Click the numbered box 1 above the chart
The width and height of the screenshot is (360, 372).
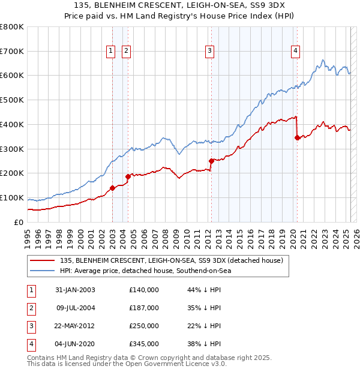pyautogui.click(x=112, y=52)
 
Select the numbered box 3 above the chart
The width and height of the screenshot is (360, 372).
pyautogui.click(x=210, y=52)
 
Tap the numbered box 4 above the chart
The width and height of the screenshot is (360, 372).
pyautogui.click(x=296, y=52)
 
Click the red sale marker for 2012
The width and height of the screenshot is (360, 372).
pyautogui.click(x=211, y=161)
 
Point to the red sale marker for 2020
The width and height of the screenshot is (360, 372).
pyautogui.click(x=297, y=137)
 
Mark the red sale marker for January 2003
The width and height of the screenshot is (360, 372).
pyautogui.click(x=112, y=188)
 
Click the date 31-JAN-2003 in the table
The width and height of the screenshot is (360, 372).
pyautogui.click(x=75, y=290)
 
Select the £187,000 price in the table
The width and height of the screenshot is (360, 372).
pyautogui.click(x=144, y=308)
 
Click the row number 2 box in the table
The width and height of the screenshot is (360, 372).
pyautogui.click(x=30, y=308)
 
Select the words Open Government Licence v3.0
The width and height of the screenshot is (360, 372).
pyautogui.click(x=170, y=364)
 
